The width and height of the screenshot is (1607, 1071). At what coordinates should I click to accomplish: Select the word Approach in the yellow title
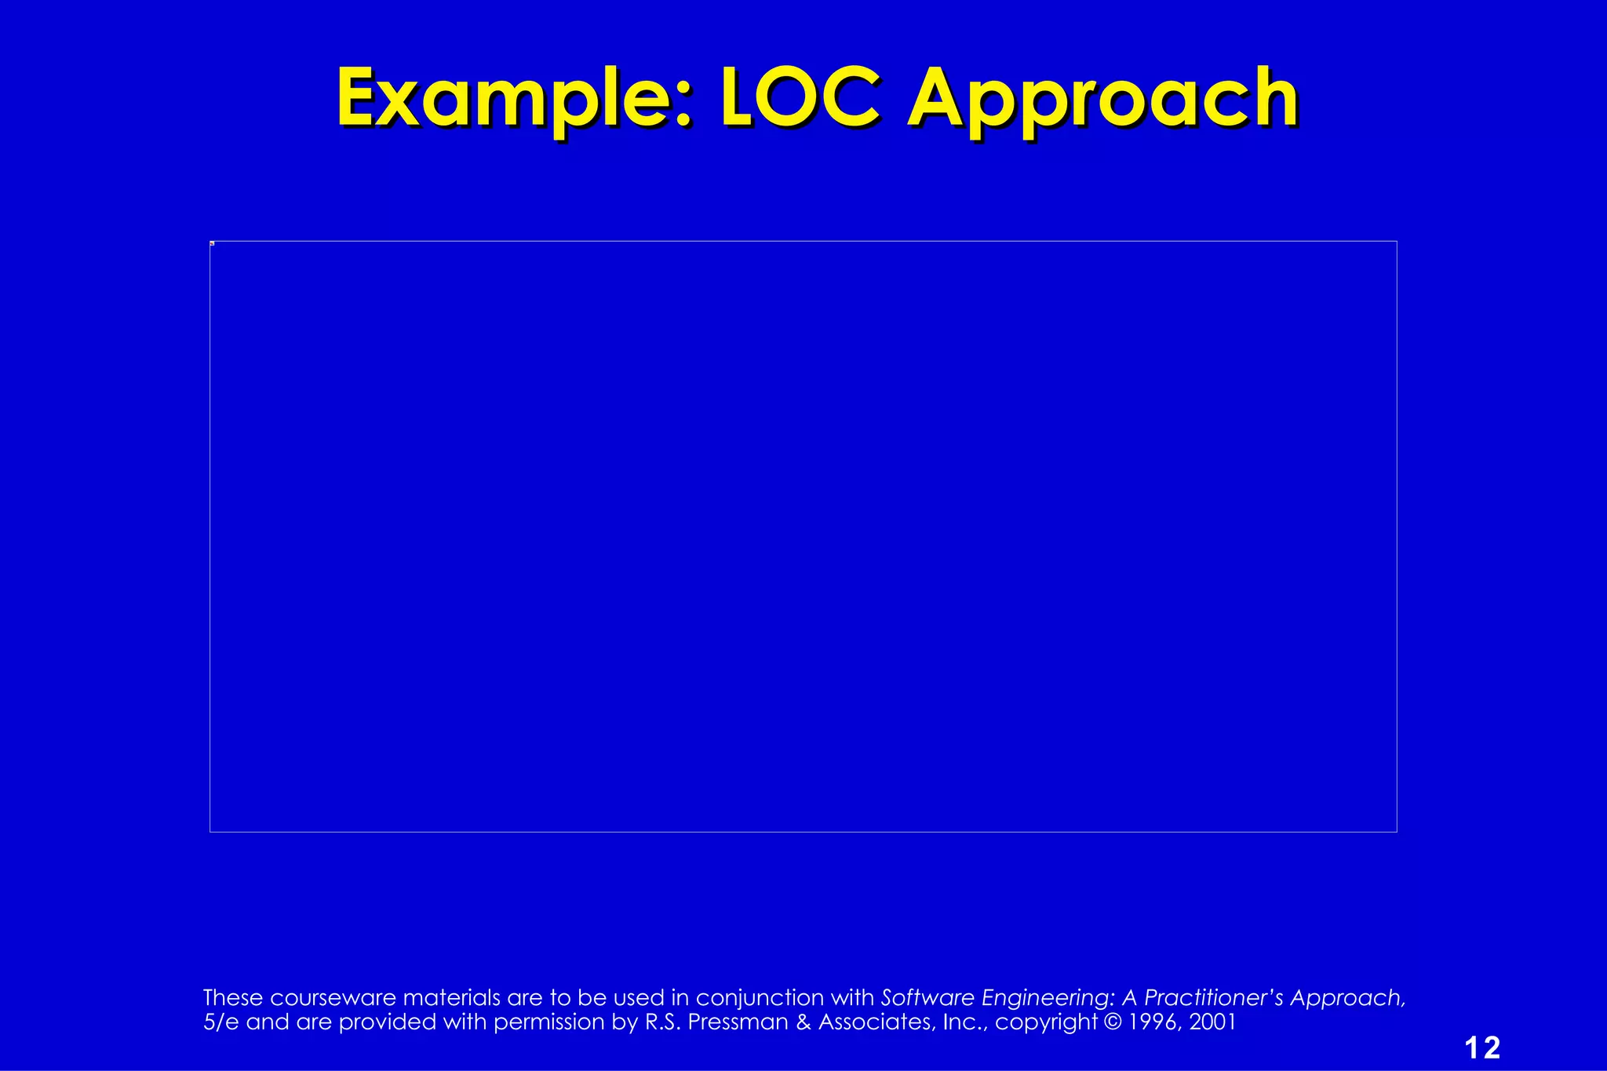click(1102, 100)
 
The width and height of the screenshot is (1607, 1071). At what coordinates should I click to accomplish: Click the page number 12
click(1482, 1047)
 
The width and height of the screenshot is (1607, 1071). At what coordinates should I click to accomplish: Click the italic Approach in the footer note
click(1346, 998)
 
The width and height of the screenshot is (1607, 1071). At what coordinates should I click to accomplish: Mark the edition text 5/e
click(220, 1022)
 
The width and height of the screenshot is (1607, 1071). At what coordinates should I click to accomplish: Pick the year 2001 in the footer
click(1212, 1022)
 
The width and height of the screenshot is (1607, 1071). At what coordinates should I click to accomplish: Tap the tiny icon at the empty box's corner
click(212, 243)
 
